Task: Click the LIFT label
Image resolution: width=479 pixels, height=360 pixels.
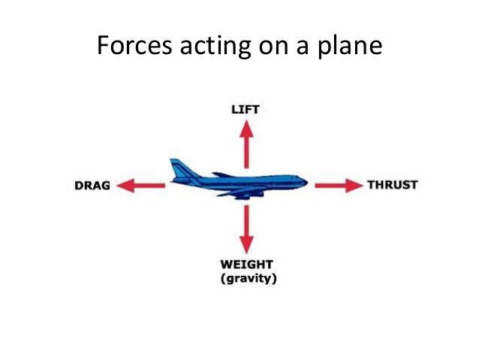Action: click(x=246, y=110)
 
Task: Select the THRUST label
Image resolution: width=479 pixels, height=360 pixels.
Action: click(x=391, y=184)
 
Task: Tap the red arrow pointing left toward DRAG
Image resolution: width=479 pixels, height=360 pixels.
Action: click(x=142, y=185)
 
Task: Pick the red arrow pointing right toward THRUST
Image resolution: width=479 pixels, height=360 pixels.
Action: click(x=338, y=184)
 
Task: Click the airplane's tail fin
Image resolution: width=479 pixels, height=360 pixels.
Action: click(x=178, y=168)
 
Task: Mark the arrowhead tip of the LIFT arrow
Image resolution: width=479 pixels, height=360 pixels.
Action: click(x=246, y=123)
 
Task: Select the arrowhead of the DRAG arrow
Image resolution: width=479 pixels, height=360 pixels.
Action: click(x=127, y=185)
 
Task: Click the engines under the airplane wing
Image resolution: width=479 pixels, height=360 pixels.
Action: click(x=242, y=195)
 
